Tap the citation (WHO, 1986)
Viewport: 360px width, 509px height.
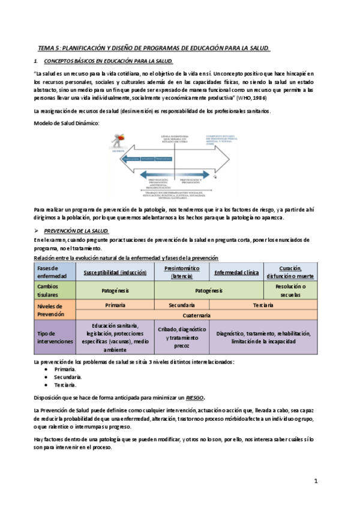click(252, 97)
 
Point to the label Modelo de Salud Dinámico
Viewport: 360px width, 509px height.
click(66, 123)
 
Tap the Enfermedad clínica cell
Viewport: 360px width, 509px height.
click(236, 272)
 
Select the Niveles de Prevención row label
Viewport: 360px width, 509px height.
click(55, 310)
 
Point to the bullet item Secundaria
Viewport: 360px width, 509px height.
click(66, 377)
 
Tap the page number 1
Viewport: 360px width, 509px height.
click(316, 481)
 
